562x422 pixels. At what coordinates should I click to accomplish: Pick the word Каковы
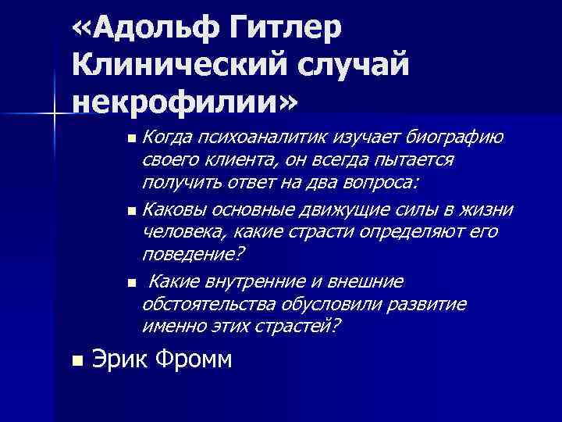coord(176,209)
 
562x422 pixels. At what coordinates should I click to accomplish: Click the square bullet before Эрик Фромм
coord(76,361)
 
